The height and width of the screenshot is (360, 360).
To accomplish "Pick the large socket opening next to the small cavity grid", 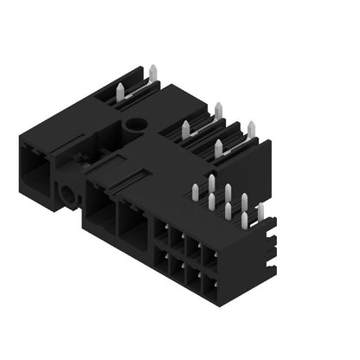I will pyautogui.click(x=133, y=227).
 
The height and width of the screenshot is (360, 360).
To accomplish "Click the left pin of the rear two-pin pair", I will pyautogui.click(x=119, y=90).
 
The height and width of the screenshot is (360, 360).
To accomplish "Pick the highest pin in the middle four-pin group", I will pyautogui.click(x=218, y=111).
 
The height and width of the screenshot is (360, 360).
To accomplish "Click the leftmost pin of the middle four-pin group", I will pyautogui.click(x=185, y=131).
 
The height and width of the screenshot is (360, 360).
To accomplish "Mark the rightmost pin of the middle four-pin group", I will pyautogui.click(x=251, y=130).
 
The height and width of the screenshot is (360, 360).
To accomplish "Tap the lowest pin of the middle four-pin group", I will pyautogui.click(x=218, y=148).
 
